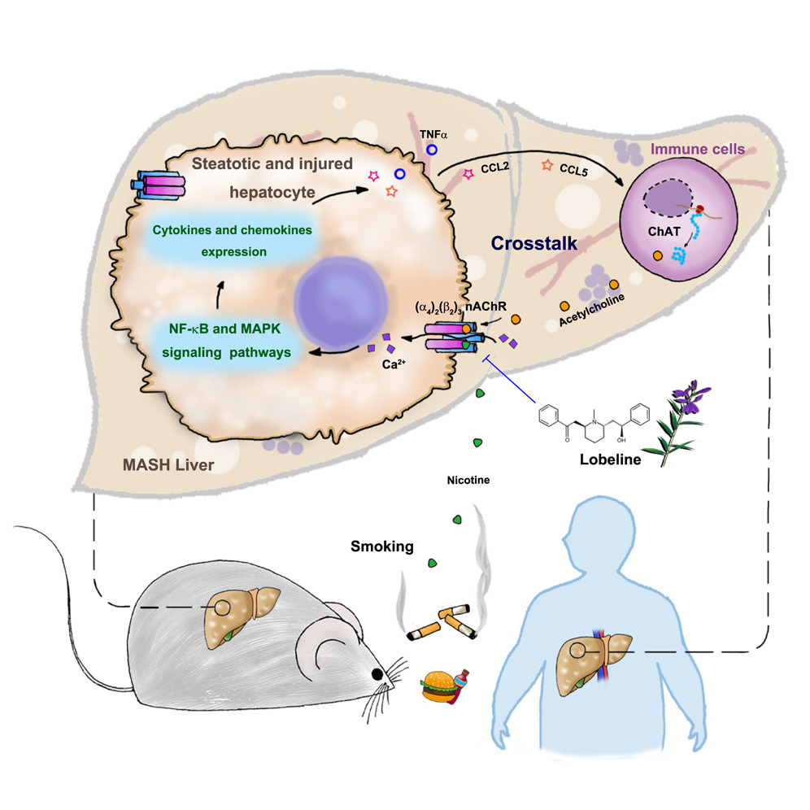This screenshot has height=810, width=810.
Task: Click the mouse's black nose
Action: click(377, 673)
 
